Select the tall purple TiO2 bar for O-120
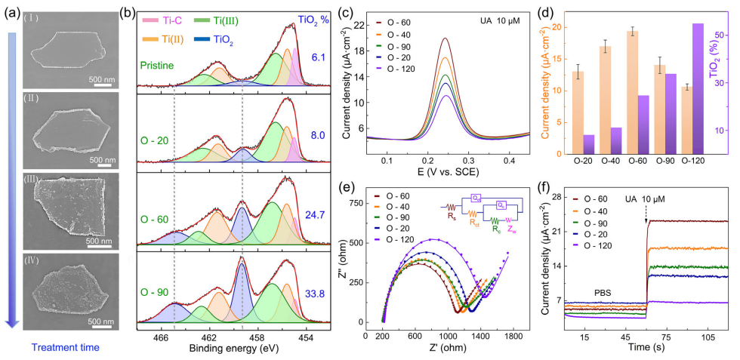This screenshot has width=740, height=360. coord(698,88)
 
